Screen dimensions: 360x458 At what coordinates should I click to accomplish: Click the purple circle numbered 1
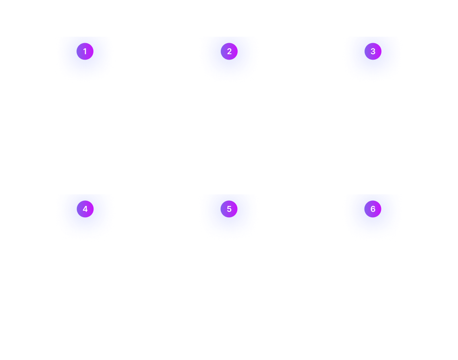tap(85, 52)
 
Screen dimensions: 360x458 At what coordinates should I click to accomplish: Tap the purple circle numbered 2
tap(229, 52)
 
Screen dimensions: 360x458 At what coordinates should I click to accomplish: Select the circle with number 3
tap(373, 51)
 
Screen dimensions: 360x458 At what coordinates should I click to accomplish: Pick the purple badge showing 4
tap(85, 209)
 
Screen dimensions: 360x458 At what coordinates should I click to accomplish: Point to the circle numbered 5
tap(229, 209)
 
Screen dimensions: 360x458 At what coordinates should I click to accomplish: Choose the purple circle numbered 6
tap(373, 209)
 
